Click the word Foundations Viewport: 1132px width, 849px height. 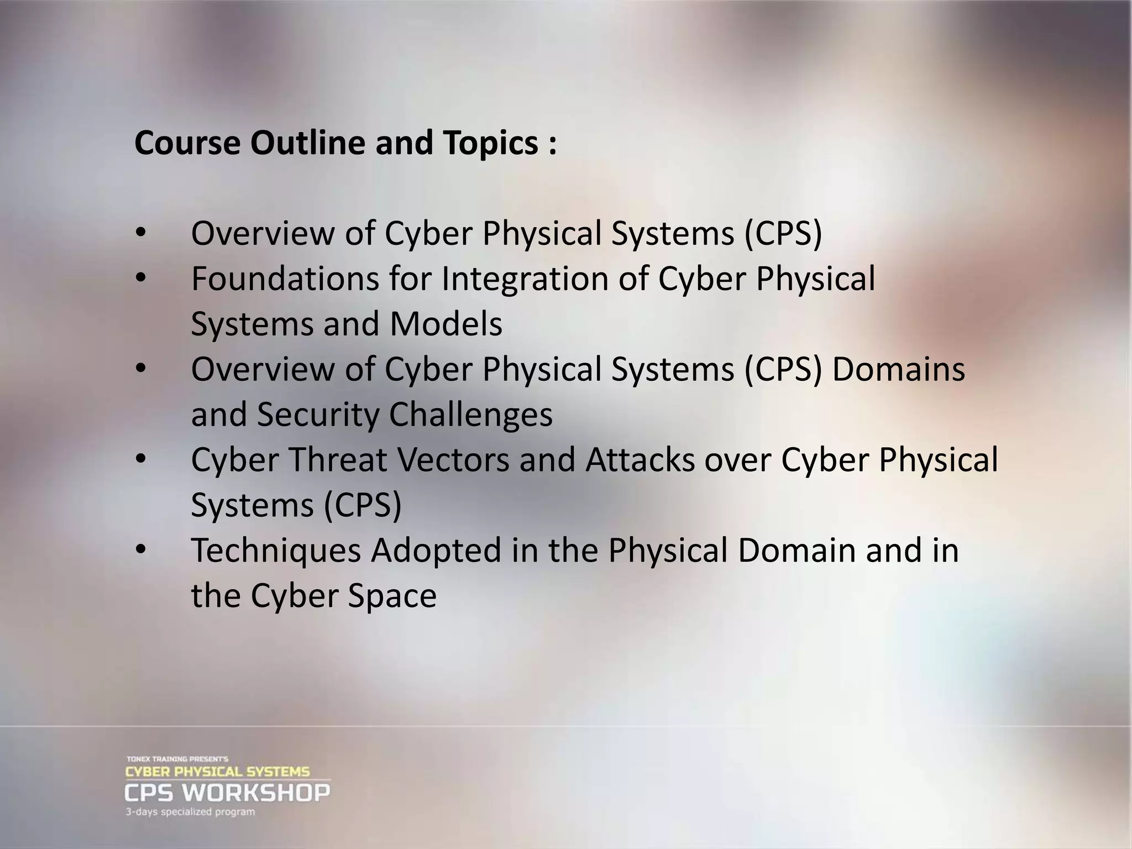click(285, 278)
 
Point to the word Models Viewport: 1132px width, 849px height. click(446, 324)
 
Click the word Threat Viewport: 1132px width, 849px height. click(338, 460)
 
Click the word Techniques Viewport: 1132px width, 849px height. click(276, 551)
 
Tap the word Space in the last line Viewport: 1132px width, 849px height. click(392, 596)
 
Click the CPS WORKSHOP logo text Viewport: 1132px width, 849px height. click(227, 793)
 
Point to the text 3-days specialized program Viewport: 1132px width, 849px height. click(190, 812)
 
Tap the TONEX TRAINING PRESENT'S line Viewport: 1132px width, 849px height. click(177, 759)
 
